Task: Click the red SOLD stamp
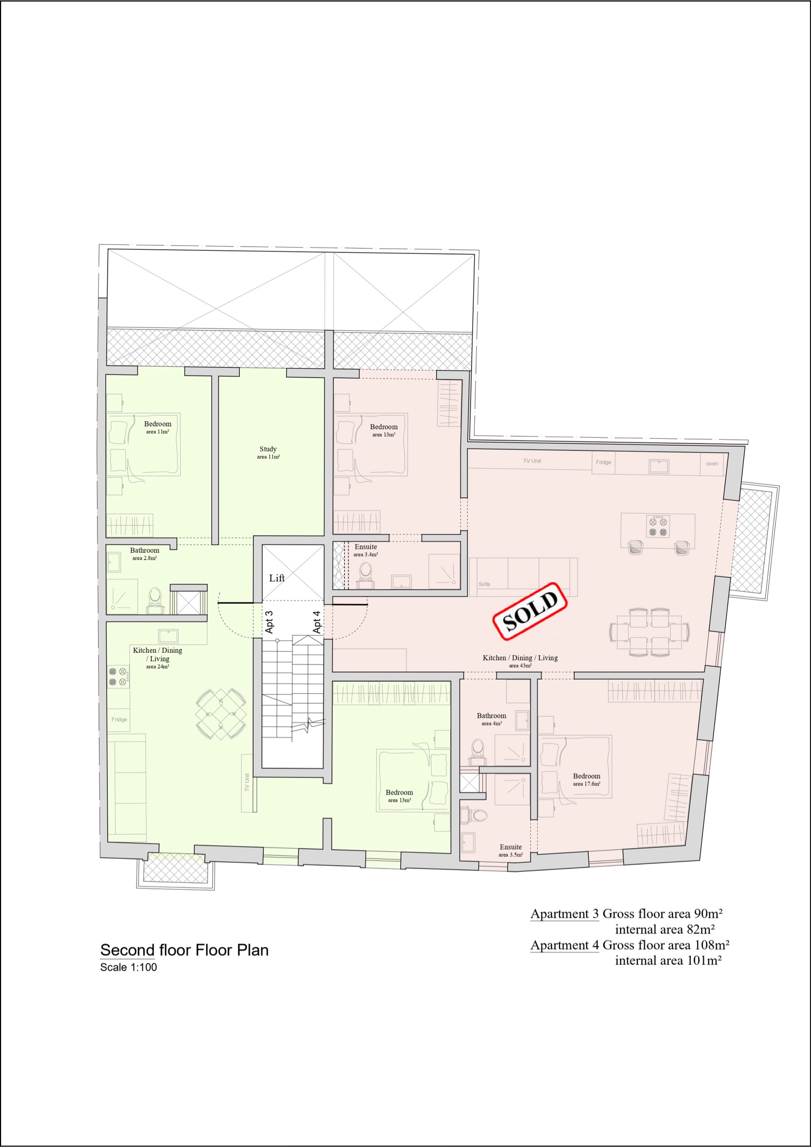(530, 611)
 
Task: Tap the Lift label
(277, 578)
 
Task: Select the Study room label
(268, 453)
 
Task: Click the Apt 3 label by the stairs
(269, 622)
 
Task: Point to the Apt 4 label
(317, 622)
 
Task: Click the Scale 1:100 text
(128, 967)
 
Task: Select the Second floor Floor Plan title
(184, 950)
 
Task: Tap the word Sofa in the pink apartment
(484, 584)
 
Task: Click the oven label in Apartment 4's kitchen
(712, 463)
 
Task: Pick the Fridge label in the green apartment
(119, 719)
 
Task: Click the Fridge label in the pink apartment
(604, 462)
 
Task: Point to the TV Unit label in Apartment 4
(532, 461)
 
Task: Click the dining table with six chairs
(650, 632)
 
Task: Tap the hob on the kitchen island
(658, 526)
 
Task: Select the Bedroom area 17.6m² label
(587, 780)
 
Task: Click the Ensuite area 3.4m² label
(366, 550)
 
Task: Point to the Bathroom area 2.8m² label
(144, 554)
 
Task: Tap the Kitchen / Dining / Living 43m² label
(520, 661)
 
